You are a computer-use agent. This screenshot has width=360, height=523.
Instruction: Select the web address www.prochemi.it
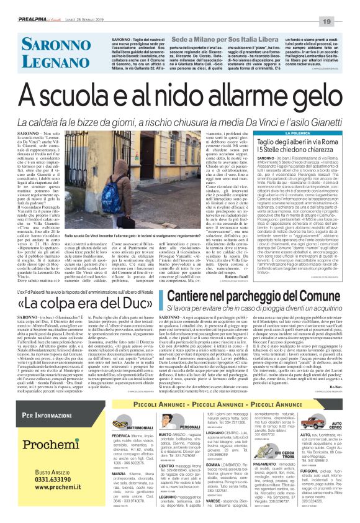click(x=46, y=488)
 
